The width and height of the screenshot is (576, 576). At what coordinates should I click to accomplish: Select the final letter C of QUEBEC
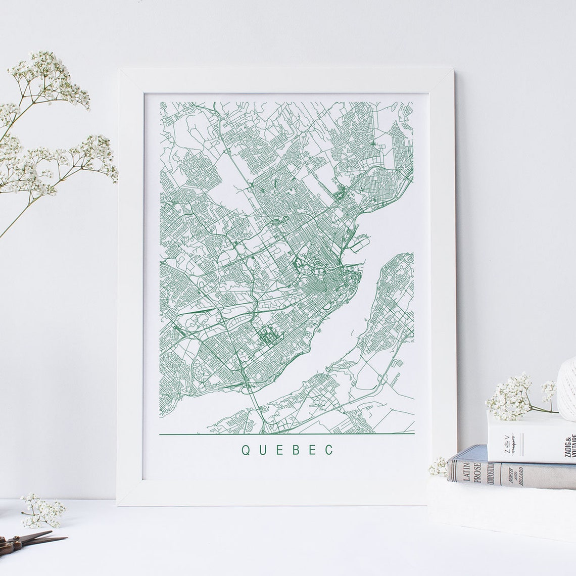pos(329,450)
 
